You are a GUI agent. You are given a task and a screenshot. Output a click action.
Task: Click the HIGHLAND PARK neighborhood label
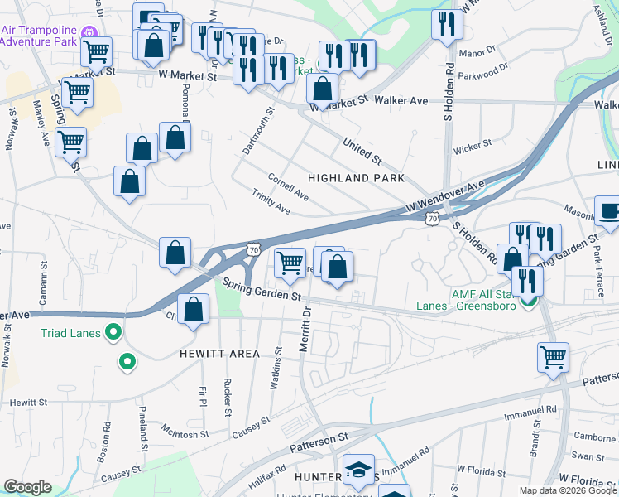pyautogui.click(x=356, y=178)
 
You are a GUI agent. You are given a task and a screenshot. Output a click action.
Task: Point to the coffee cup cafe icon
pyautogui.click(x=609, y=211)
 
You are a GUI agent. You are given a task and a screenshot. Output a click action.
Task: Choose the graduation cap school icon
pyautogui.click(x=358, y=470)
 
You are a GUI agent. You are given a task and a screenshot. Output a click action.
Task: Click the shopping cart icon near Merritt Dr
pyautogui.click(x=289, y=263)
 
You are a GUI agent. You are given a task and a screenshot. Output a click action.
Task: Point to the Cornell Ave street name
pyautogui.click(x=287, y=187)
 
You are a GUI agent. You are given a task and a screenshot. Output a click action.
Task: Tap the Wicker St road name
pyautogui.click(x=473, y=147)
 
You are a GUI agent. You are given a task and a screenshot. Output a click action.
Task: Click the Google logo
pyautogui.click(x=27, y=487)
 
